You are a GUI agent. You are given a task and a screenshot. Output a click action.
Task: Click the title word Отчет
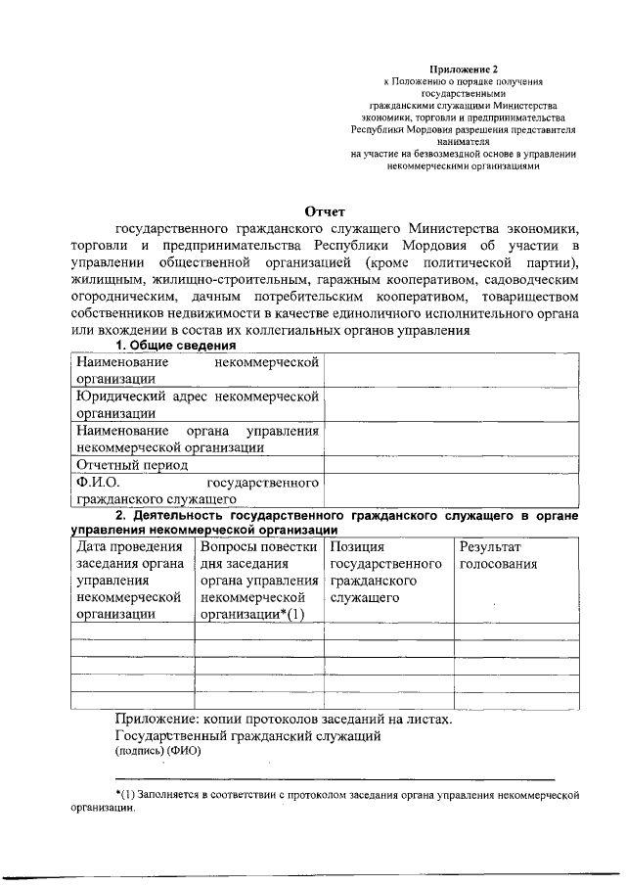click(325, 211)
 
